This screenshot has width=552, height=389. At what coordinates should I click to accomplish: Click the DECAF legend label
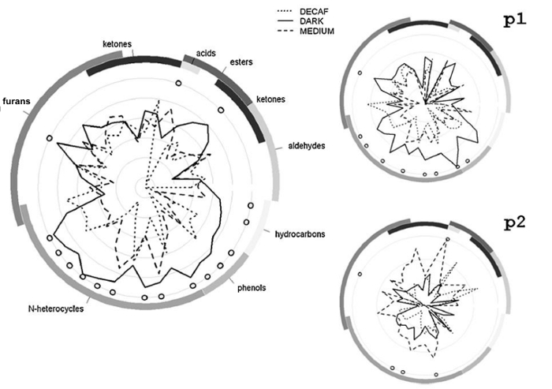point(314,12)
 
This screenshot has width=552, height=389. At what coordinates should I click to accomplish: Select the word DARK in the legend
point(311,21)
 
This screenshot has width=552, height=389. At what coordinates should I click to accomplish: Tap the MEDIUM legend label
point(317,31)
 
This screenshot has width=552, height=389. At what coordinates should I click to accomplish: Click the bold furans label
point(17,102)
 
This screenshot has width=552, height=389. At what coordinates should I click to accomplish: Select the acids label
point(206,53)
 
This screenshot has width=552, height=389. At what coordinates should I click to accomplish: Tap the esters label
point(241,62)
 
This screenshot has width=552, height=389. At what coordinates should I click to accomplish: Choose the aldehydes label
point(306,145)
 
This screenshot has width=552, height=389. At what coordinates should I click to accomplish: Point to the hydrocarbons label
point(300,234)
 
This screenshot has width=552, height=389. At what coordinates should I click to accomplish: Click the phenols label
point(252,288)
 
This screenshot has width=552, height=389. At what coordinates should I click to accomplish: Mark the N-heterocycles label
point(56,309)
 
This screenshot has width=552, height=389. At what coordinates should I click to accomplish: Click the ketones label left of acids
point(117,44)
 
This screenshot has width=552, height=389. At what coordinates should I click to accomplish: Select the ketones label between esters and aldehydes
point(270,99)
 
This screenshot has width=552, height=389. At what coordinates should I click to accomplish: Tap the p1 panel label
point(515,21)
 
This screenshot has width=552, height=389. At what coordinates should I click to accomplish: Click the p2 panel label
point(515,223)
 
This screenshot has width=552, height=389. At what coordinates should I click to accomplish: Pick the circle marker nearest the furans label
point(49,138)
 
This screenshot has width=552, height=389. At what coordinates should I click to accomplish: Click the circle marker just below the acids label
point(178,83)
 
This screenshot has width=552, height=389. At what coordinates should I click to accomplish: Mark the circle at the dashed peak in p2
point(447,239)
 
